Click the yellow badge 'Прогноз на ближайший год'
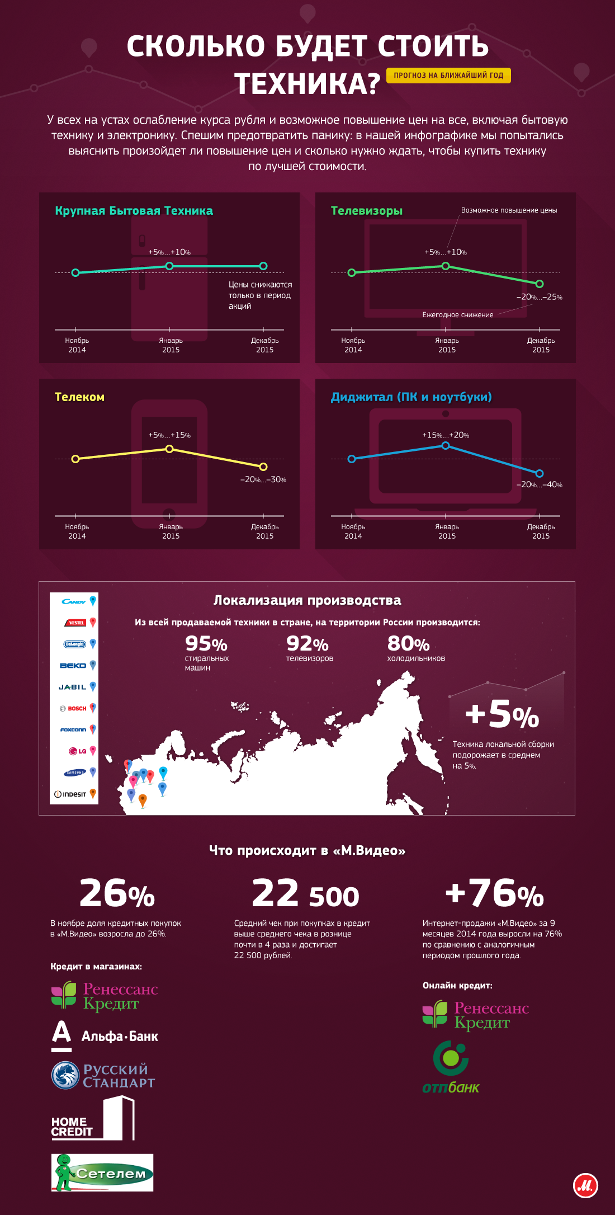[448, 76]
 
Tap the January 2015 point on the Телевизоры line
[446, 266]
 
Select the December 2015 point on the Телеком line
[263, 467]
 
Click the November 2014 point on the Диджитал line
[352, 459]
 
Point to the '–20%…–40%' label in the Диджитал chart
[539, 484]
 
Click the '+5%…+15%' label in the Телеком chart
[169, 435]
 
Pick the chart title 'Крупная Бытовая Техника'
[134, 211]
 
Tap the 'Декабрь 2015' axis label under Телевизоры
[541, 345]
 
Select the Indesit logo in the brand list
[70, 794]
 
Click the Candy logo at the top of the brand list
[74, 602]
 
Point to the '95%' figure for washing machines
[206, 644]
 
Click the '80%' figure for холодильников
[408, 644]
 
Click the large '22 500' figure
[305, 893]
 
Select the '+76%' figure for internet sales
[494, 893]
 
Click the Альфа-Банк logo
[105, 1036]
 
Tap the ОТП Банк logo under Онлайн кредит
[451, 1067]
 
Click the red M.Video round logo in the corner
[585, 1185]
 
